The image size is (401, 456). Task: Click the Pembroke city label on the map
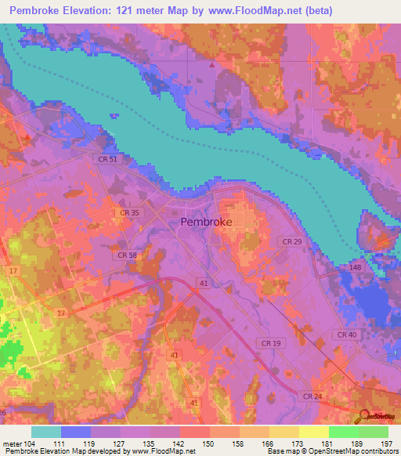tap(206, 222)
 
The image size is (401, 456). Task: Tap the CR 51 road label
tap(108, 159)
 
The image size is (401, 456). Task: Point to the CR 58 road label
tap(125, 255)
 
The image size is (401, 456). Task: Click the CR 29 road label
tap(291, 241)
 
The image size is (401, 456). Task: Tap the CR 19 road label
tap(272, 343)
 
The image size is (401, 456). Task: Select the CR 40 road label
tap(347, 335)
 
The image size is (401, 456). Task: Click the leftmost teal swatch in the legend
tap(46, 432)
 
